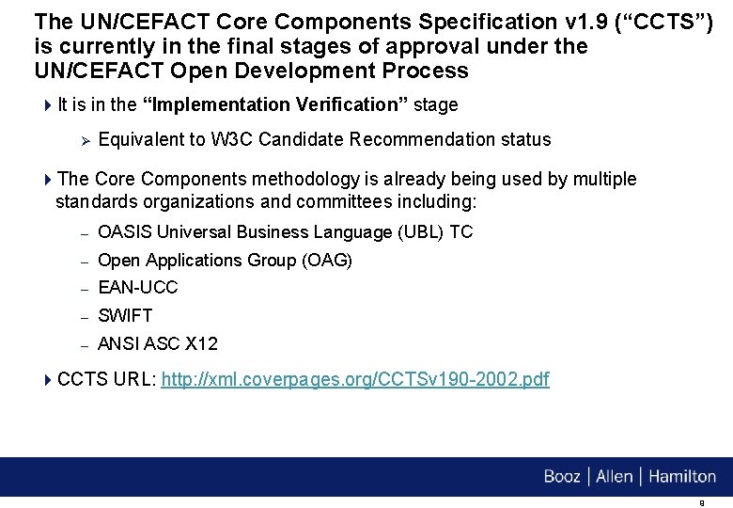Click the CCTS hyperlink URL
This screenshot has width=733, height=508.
(355, 380)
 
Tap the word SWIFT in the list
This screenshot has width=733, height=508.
(125, 316)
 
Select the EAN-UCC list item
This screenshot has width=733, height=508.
(137, 288)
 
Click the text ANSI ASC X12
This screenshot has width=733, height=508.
(158, 344)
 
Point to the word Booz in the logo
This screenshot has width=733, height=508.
(562, 477)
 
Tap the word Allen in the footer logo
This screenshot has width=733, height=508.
(615, 477)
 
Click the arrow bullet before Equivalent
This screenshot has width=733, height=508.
(83, 140)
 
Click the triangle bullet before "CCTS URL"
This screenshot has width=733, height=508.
(48, 380)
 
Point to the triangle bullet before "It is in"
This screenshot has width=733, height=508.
(48, 104)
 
